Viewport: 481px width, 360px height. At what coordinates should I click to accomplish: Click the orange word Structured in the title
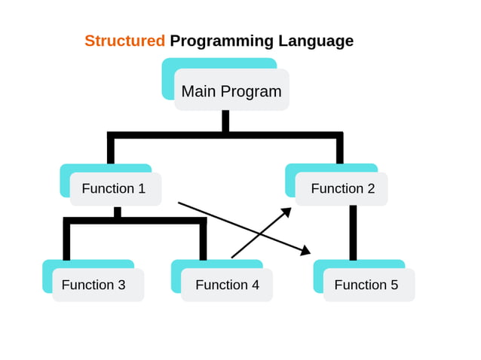tap(124, 41)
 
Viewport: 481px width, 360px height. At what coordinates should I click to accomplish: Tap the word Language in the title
tap(316, 41)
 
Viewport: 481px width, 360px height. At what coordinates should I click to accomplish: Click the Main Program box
tap(231, 90)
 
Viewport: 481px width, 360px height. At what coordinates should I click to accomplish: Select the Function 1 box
tap(115, 188)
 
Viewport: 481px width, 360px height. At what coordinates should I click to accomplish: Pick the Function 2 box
tap(342, 188)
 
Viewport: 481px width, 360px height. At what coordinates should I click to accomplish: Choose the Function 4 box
tap(226, 285)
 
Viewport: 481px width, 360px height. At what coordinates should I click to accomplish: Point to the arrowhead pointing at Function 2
tap(286, 212)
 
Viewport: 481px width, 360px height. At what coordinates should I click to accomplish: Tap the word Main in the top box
tap(198, 91)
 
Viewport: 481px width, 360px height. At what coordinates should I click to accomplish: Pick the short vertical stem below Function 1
tap(118, 212)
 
